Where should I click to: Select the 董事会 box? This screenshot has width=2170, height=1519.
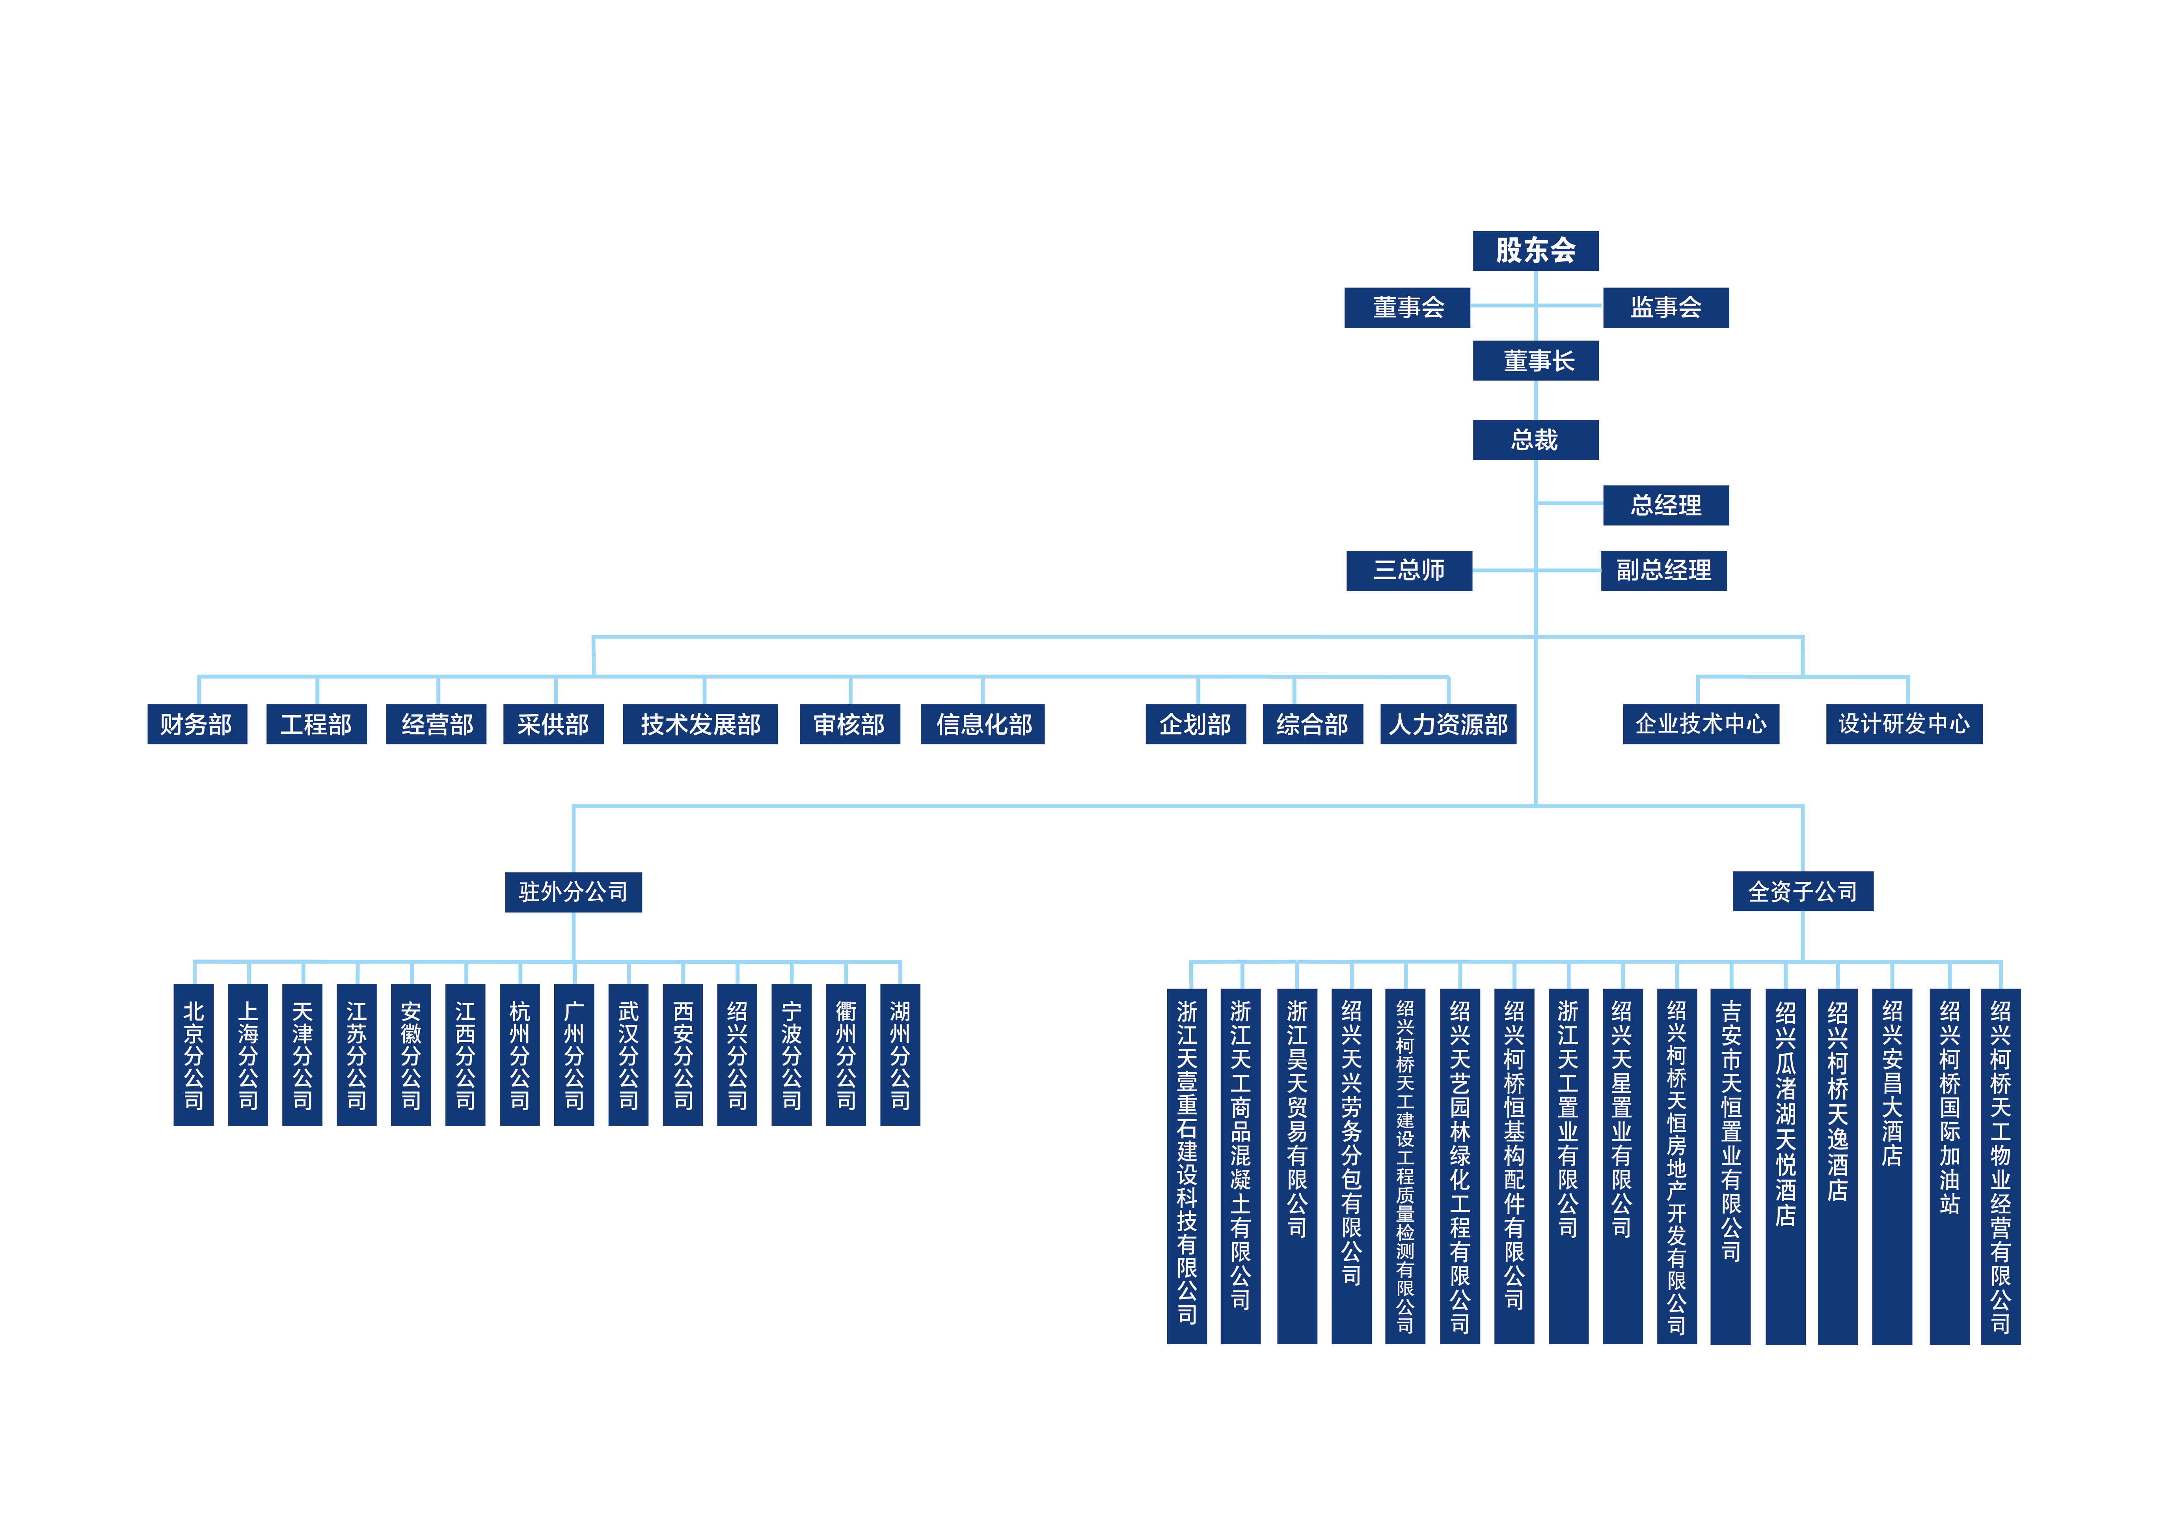1407,307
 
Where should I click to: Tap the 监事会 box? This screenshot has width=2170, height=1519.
1665,307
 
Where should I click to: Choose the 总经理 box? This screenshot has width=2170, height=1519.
1665,505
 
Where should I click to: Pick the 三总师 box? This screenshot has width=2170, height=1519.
1408,570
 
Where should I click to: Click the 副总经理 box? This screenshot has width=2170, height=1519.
1663,570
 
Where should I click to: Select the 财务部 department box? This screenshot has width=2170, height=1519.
197,724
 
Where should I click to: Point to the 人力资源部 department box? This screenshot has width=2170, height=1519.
1448,724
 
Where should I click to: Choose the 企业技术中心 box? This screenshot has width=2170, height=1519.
1700,724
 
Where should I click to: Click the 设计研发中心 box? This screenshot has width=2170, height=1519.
1904,724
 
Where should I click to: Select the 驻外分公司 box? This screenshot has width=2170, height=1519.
573,891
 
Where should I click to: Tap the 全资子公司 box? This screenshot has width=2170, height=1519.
1802,891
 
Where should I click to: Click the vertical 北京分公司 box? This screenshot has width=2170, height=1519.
194,1054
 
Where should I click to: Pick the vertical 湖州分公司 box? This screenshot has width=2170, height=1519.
900,1054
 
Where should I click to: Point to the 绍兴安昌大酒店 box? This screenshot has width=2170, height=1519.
1891,1166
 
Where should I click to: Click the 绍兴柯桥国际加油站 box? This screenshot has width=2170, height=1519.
1949,1166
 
